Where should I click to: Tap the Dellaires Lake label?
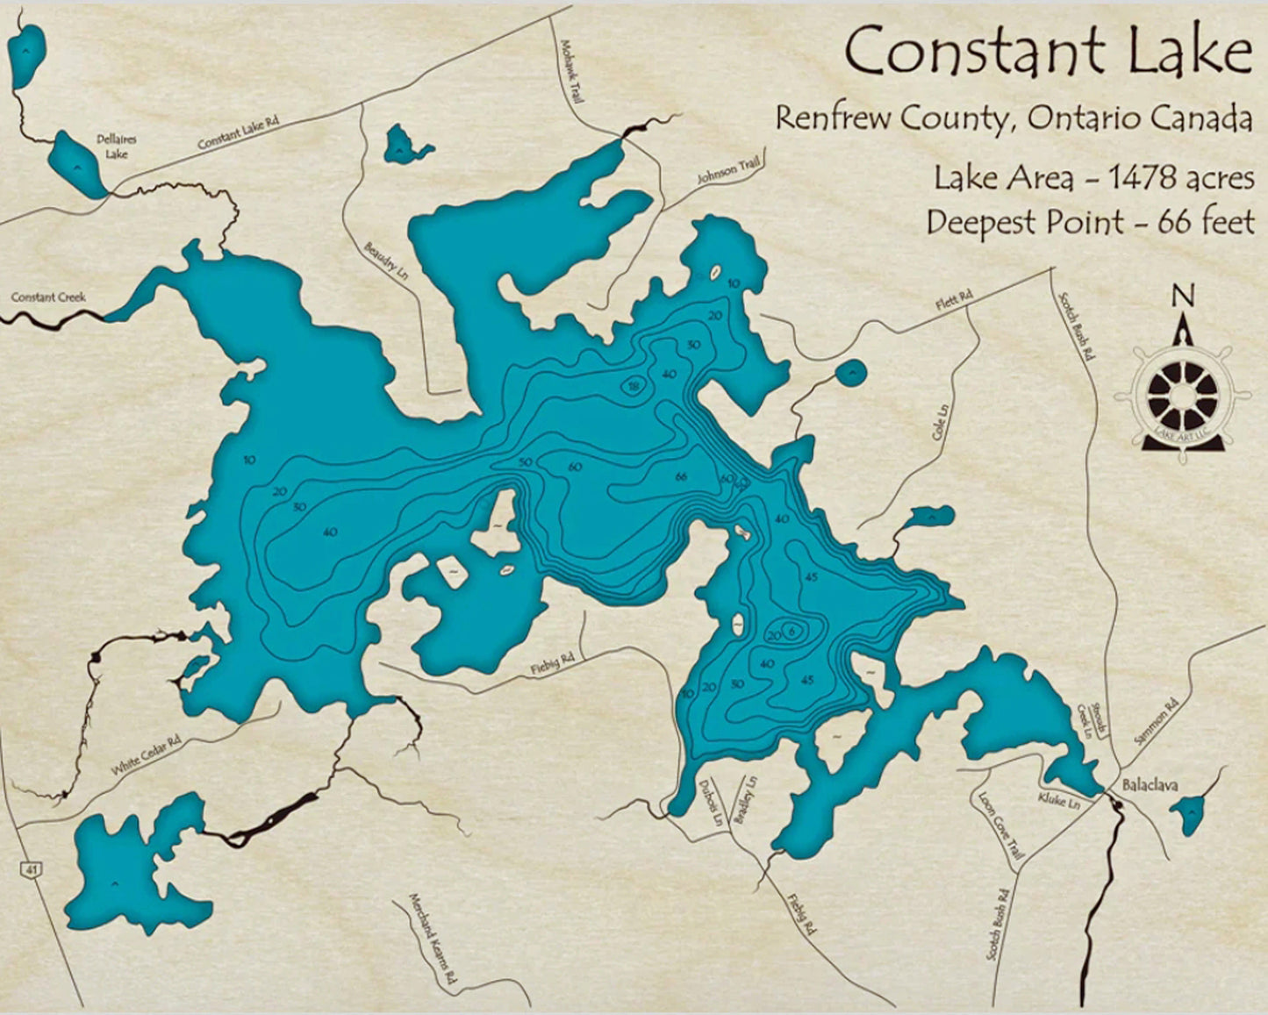(117, 147)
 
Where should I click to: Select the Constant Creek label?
(48, 297)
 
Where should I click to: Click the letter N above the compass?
(1184, 297)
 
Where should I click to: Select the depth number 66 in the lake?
(681, 477)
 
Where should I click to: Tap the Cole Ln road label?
(941, 423)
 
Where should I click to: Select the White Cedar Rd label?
(146, 754)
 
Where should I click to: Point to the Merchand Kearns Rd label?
(433, 938)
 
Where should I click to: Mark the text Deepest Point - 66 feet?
(1090, 223)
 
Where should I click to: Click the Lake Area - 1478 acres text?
(1092, 178)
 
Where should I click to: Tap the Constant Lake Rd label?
(238, 132)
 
